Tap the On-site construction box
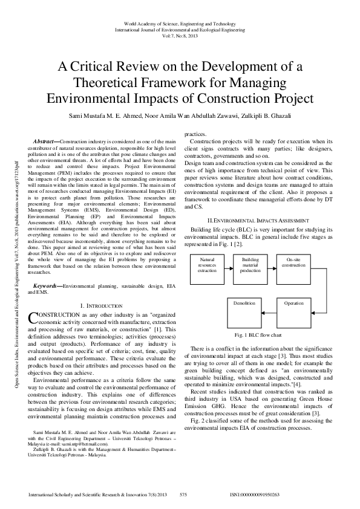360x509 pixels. click(293, 264)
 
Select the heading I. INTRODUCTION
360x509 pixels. click(101, 306)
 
